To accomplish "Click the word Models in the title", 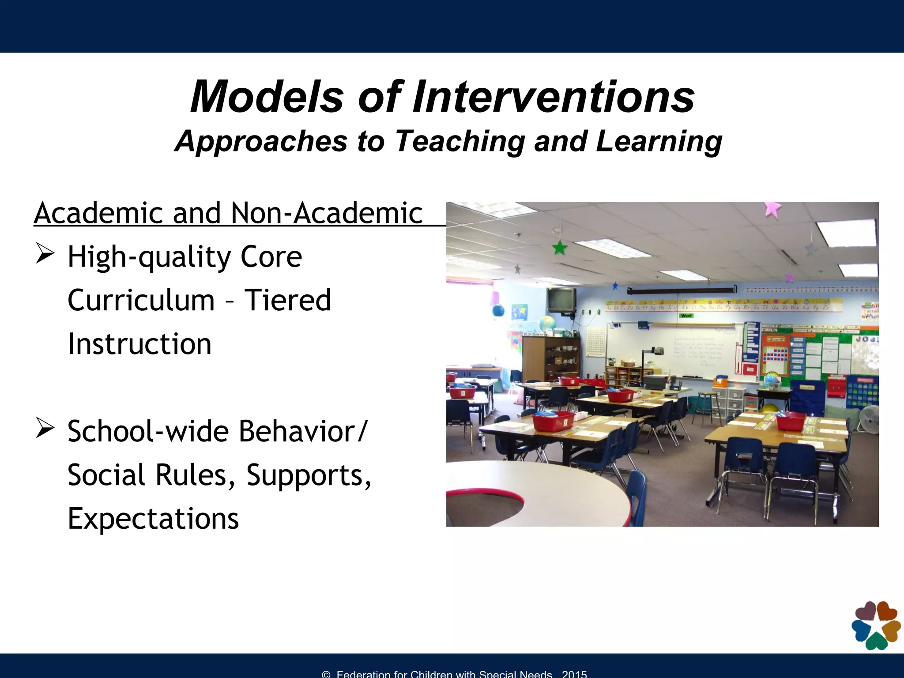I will click(267, 97).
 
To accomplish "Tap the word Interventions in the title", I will click(554, 97).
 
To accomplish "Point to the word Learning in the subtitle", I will click(659, 142).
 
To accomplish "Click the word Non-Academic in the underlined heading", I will click(327, 213).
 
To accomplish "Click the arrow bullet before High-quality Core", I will click(45, 254).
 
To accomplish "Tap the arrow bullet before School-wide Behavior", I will click(45, 429).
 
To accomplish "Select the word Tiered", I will click(287, 300).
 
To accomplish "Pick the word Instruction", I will click(139, 344).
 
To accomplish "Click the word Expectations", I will click(153, 519).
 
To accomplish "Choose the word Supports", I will click(309, 475).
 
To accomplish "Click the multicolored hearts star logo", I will click(876, 625).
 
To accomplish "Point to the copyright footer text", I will click(455, 674).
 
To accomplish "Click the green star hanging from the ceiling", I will click(560, 248).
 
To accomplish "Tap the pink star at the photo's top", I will click(772, 209).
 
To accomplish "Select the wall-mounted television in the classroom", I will click(561, 300).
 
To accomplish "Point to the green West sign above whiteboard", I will click(686, 316).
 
